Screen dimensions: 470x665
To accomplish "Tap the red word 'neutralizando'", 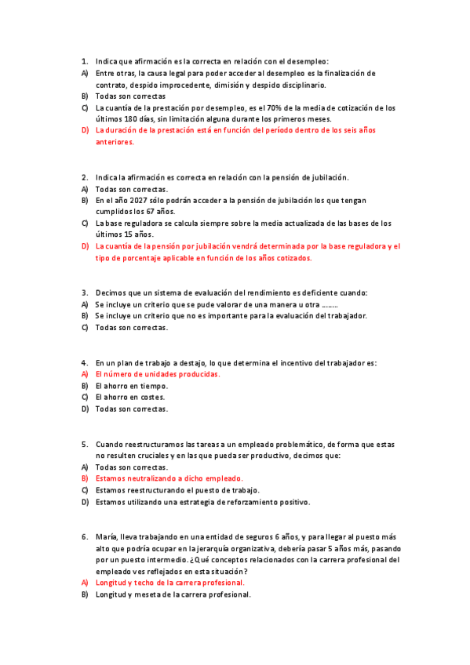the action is (x=155, y=478).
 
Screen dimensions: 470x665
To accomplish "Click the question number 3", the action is (x=84, y=293).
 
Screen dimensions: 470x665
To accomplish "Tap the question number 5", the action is (x=84, y=444).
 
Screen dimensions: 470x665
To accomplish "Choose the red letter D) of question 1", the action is (x=85, y=130).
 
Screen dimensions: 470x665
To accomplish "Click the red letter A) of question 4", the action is (x=85, y=374).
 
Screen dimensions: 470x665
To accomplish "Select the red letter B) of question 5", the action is (x=85, y=478).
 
